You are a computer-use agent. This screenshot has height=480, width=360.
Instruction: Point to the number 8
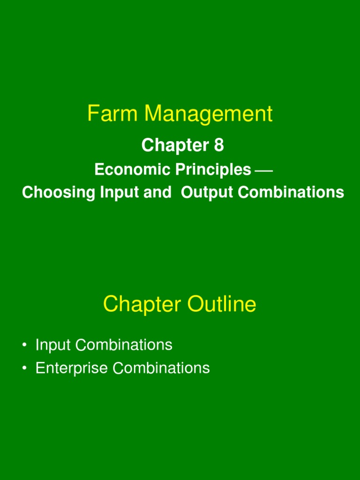(x=218, y=146)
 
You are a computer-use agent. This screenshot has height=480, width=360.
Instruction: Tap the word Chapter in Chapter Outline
(x=142, y=305)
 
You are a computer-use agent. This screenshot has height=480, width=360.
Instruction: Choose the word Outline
(x=222, y=305)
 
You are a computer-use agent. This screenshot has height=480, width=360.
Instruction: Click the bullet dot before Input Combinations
(x=23, y=346)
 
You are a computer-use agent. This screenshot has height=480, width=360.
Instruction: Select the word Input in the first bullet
(x=53, y=345)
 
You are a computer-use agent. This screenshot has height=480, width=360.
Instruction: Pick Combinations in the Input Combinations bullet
(x=124, y=345)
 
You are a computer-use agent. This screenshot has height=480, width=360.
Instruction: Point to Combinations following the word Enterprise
(x=161, y=368)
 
